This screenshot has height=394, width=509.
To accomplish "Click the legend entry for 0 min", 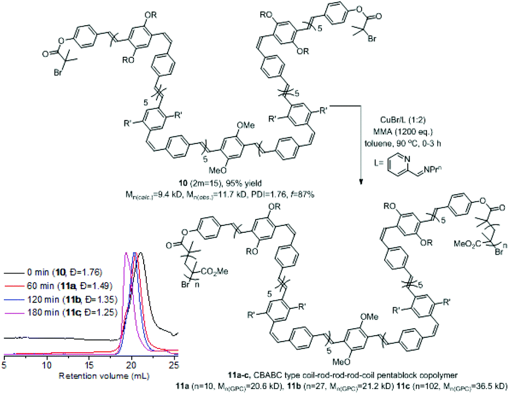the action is pyautogui.click(x=53, y=272).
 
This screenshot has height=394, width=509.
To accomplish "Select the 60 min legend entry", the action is pyautogui.click(x=58, y=286).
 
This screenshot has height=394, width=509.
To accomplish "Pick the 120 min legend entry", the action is pyautogui.click(x=61, y=299).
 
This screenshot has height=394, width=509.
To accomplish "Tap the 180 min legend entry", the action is pyautogui.click(x=61, y=312).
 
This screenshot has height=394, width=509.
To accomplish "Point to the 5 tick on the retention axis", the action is pyautogui.click(x=4, y=366).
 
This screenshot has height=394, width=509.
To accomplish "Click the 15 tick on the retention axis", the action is pyautogui.click(x=89, y=366).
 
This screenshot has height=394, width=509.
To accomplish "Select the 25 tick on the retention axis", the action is pyautogui.click(x=174, y=366).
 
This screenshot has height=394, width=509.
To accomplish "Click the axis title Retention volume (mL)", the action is pyautogui.click(x=104, y=376).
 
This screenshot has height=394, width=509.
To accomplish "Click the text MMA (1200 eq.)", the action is pyautogui.click(x=402, y=132).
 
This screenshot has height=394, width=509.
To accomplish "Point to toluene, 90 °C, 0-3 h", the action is pyautogui.click(x=402, y=143).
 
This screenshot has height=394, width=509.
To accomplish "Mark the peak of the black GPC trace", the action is pyautogui.click(x=140, y=253).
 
